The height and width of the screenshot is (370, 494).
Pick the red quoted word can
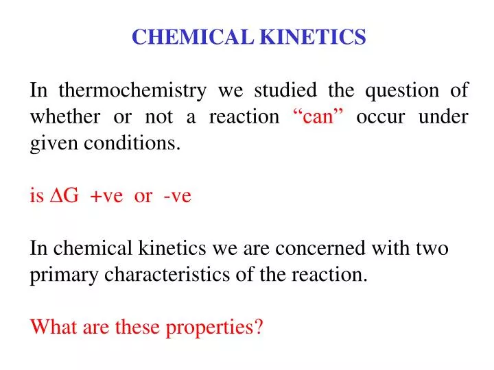point(317,117)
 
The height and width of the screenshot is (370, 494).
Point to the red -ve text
point(177,197)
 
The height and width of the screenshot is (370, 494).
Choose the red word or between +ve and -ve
point(143,197)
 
